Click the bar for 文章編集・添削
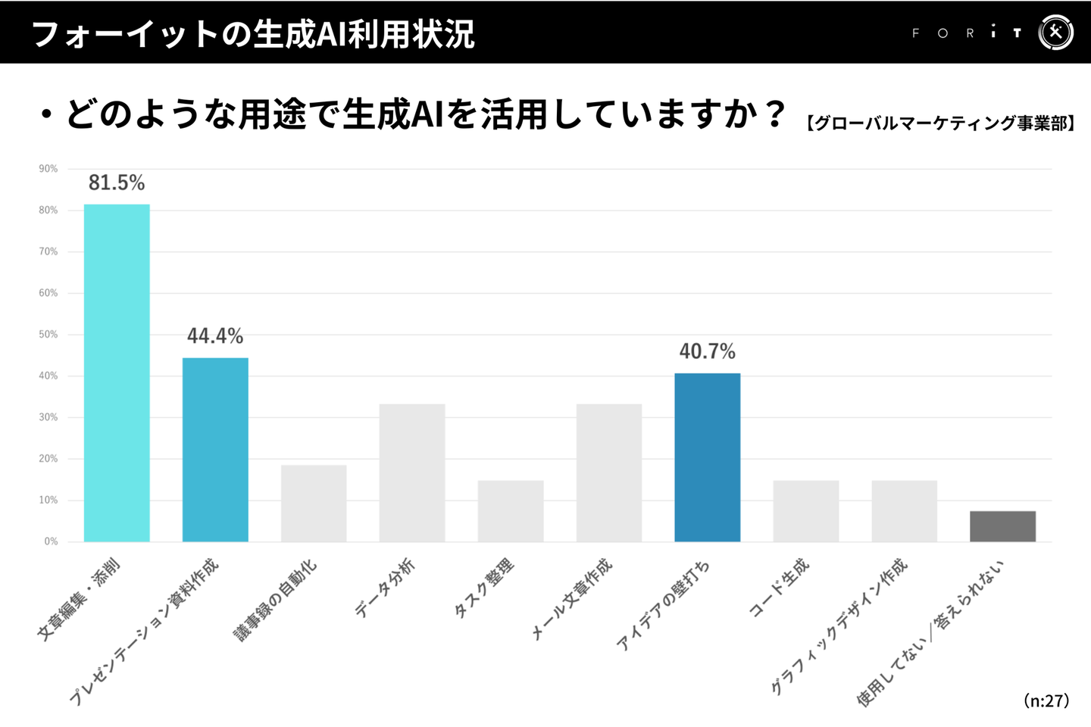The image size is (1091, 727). point(117,373)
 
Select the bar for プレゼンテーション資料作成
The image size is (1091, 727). point(215,450)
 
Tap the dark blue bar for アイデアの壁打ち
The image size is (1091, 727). point(707,457)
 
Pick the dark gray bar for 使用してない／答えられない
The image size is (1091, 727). point(1002,526)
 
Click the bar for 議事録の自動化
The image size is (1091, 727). point(314,504)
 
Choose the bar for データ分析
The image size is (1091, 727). point(412,473)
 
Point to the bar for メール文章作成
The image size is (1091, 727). point(609,473)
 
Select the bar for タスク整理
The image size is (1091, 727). point(511,511)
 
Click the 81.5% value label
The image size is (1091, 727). point(117,183)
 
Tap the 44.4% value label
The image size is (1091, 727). point(215,335)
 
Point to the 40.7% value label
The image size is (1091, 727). point(707,351)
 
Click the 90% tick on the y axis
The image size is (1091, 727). point(48,169)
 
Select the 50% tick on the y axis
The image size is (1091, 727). point(48,334)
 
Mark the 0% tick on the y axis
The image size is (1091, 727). point(51,541)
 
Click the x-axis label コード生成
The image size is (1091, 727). point(780,588)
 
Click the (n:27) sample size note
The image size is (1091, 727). point(1046,700)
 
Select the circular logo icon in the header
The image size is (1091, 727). point(1055,33)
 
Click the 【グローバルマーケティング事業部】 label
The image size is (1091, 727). point(939,123)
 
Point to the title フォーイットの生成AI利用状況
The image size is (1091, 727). point(253,34)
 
